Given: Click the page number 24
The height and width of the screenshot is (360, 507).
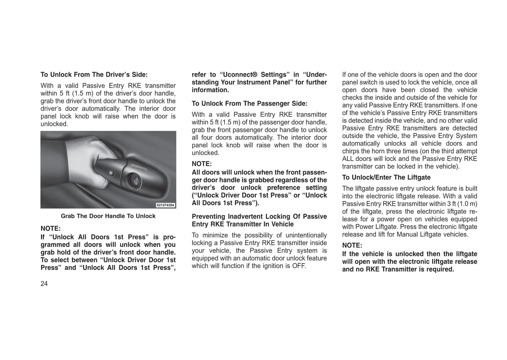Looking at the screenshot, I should pos(44,284).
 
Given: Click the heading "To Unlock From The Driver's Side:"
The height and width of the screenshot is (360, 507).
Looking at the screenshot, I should pos(94,75).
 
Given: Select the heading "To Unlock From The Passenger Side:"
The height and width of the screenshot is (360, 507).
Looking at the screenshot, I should pos(249,104).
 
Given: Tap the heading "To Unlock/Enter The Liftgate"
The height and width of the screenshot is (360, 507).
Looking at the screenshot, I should pos(386,178).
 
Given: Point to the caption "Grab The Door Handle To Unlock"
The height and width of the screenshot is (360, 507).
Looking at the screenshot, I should pos(108,216).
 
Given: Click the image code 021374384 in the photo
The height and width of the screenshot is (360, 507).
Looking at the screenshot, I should pos(166,205).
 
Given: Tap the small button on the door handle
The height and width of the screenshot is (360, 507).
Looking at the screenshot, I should pos(111,173).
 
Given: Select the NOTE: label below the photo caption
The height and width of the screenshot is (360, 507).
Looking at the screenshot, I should pos(51,228).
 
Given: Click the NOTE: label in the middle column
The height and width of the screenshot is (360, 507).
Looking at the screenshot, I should pos(202,164).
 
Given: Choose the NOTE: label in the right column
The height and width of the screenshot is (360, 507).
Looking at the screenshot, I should pos(352,246).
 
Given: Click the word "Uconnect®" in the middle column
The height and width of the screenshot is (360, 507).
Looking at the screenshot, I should pos(239,75).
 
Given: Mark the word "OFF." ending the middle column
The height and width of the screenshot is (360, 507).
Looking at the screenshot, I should pos(299,266).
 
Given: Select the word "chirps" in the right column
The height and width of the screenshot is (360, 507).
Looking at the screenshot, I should pos(351,151).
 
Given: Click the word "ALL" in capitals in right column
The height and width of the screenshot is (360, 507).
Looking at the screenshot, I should pos(348,159).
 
